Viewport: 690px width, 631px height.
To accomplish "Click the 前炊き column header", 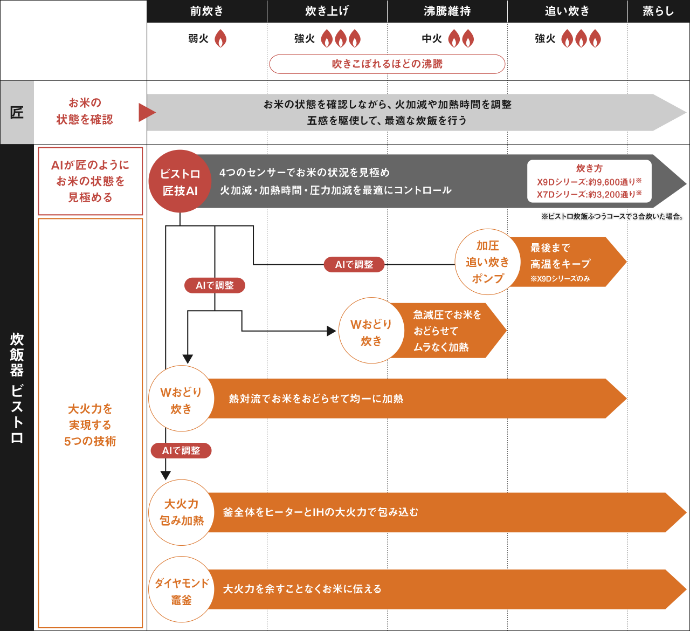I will tap(207, 11).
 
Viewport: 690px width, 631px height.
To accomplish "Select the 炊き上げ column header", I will tap(327, 11).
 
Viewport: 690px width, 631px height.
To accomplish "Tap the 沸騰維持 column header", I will tap(447, 11).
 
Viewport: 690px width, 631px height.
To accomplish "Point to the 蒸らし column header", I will tap(658, 11).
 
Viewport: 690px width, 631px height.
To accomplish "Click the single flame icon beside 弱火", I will tap(220, 39).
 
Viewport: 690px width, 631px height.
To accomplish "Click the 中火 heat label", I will tap(432, 39).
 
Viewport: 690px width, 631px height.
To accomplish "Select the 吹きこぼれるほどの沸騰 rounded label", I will tap(387, 64).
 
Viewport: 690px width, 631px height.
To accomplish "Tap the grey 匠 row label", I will tap(17, 112).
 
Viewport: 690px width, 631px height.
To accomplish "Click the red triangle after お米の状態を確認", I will tap(147, 112).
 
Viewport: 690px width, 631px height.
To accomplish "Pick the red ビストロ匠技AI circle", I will tap(180, 182).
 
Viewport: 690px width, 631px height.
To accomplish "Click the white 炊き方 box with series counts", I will tap(589, 181).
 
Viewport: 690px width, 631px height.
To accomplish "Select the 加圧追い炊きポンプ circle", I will tap(487, 262).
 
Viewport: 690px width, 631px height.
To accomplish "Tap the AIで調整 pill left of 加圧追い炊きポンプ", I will tap(354, 264).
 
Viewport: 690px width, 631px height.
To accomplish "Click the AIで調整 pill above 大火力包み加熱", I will tap(181, 450).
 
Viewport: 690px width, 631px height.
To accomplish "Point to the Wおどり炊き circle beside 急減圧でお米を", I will tap(371, 331).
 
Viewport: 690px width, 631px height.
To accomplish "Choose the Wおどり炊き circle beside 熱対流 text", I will tap(181, 400).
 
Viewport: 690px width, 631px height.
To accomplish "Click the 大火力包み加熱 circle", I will tap(182, 512).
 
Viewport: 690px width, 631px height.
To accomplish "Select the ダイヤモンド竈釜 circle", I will tap(182, 590).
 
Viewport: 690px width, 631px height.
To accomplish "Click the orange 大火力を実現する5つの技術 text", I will tap(90, 425).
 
